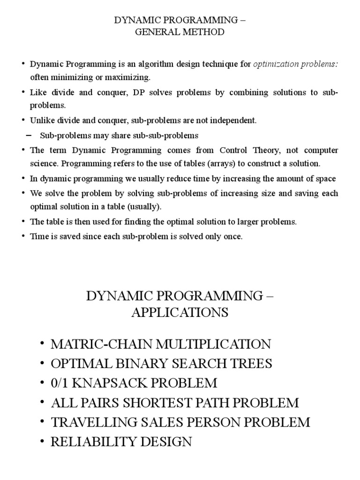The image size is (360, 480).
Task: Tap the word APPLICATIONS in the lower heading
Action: pyautogui.click(x=180, y=313)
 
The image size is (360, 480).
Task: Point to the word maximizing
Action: pyautogui.click(x=131, y=77)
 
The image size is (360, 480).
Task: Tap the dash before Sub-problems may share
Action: pyautogui.click(x=29, y=135)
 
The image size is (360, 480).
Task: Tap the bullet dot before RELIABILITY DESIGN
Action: pyautogui.click(x=43, y=442)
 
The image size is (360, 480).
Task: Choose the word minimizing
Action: pyautogui.click(x=73, y=77)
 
